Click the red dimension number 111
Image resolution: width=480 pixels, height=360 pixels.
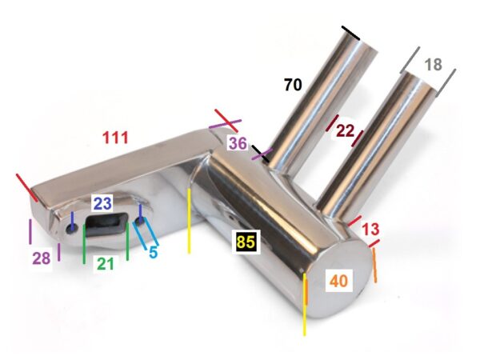pos(115,138)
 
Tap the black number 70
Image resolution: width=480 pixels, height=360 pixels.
pos(293,85)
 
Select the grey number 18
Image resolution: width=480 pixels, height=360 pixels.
pos(434,65)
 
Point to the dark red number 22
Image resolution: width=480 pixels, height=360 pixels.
pos(345,131)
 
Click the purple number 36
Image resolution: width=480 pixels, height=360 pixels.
pos(238,143)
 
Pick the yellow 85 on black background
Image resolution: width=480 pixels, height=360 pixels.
pos(246,242)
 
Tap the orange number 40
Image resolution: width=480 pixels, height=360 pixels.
pos(339,281)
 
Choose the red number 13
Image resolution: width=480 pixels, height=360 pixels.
pos(370,230)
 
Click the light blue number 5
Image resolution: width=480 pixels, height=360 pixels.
pos(153,252)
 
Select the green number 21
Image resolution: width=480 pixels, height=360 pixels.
pos(106,263)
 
